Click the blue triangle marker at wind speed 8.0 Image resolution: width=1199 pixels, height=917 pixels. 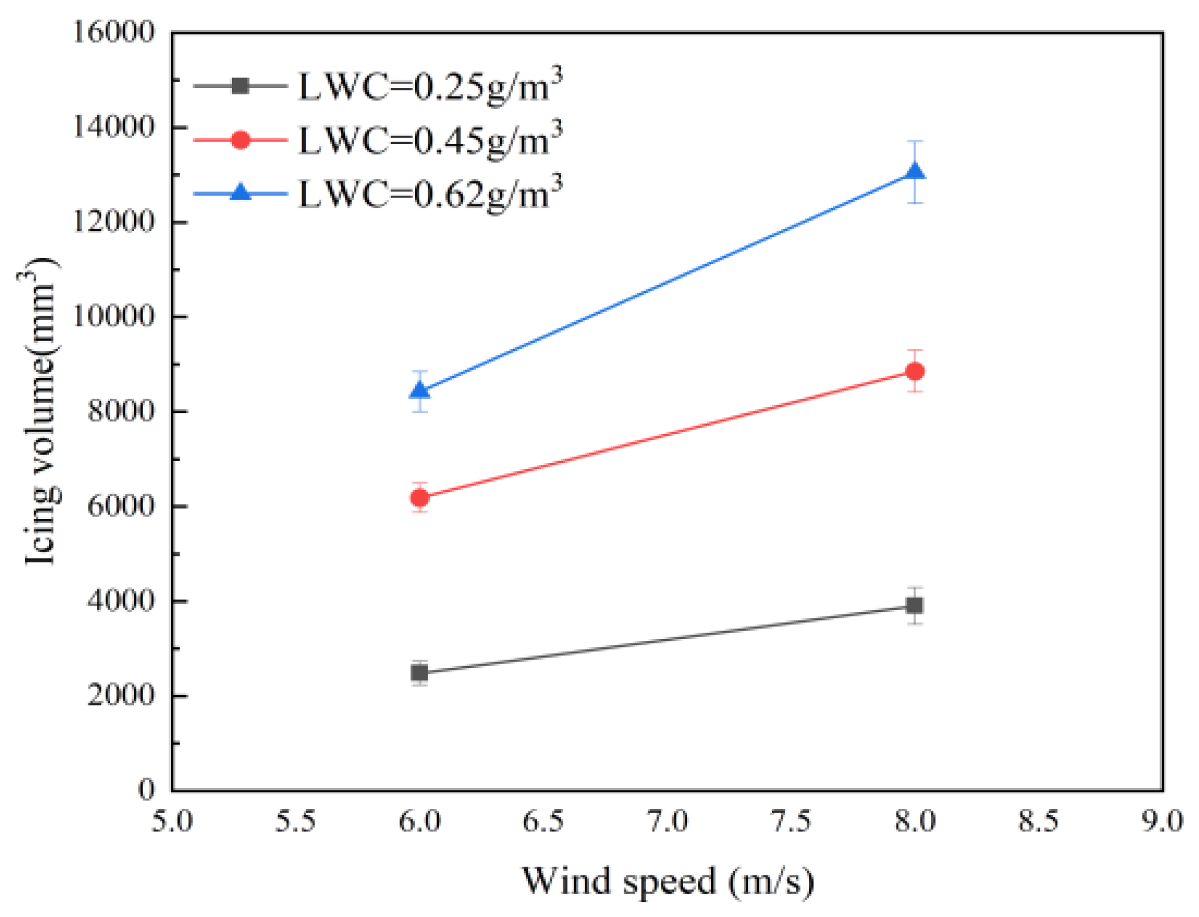tap(915, 172)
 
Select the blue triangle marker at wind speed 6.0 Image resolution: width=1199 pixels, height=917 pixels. tap(419, 391)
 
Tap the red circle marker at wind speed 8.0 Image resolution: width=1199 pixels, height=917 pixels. tap(915, 371)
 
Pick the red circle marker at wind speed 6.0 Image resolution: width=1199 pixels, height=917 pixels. tap(419, 497)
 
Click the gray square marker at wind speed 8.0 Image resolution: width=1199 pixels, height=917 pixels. tap(915, 605)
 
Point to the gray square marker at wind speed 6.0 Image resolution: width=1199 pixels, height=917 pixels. tap(419, 672)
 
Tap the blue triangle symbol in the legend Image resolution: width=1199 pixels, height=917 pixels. tap(240, 192)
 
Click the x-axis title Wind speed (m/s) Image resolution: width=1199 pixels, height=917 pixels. tap(668, 881)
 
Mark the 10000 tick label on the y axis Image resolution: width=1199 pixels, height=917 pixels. tap(113, 316)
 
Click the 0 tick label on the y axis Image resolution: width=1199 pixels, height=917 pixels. tap(146, 789)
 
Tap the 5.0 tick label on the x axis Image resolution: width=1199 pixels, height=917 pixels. tap(172, 821)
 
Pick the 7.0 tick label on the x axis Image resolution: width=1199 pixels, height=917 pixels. tap(668, 821)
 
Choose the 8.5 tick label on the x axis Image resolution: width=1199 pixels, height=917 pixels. tap(1039, 821)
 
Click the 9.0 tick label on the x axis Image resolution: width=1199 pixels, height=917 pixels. tap(1162, 821)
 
